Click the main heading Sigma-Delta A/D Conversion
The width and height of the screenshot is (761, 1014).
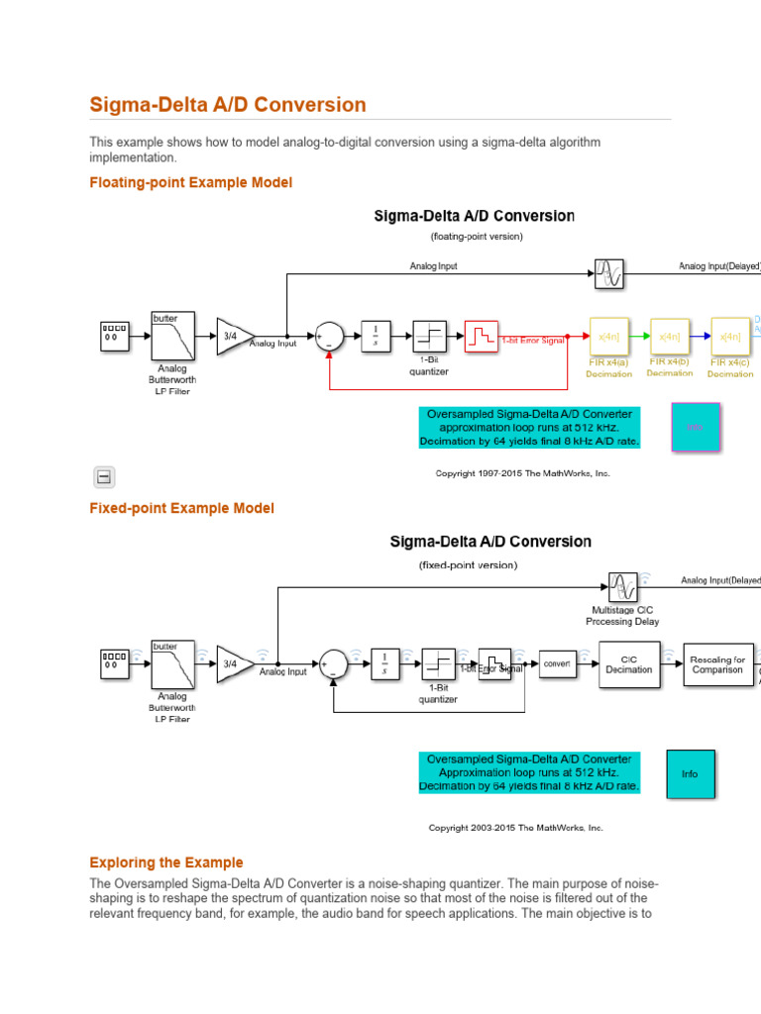click(228, 105)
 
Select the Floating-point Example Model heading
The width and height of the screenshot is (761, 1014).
click(190, 182)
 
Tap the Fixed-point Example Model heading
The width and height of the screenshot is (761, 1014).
click(181, 508)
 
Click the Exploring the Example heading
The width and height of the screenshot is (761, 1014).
click(165, 862)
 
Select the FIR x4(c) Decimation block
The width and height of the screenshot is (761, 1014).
click(730, 337)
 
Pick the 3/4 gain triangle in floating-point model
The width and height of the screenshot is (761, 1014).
click(232, 337)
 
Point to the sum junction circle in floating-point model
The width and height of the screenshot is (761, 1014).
click(329, 337)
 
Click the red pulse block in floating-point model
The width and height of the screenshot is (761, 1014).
click(481, 337)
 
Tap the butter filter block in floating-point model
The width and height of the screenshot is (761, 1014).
click(172, 337)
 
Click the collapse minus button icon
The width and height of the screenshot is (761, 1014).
click(104, 477)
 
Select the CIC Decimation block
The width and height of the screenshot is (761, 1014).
click(629, 664)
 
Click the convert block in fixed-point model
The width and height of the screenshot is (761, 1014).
click(557, 663)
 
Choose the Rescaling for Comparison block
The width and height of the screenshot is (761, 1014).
click(717, 664)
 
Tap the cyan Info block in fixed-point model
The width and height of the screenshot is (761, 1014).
click(690, 774)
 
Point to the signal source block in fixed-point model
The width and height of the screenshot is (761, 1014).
click(114, 664)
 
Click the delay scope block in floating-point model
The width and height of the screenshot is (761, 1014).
click(608, 273)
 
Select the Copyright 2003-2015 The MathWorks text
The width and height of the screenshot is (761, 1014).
click(515, 828)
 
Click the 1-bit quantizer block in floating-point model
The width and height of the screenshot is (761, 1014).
click(427, 337)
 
